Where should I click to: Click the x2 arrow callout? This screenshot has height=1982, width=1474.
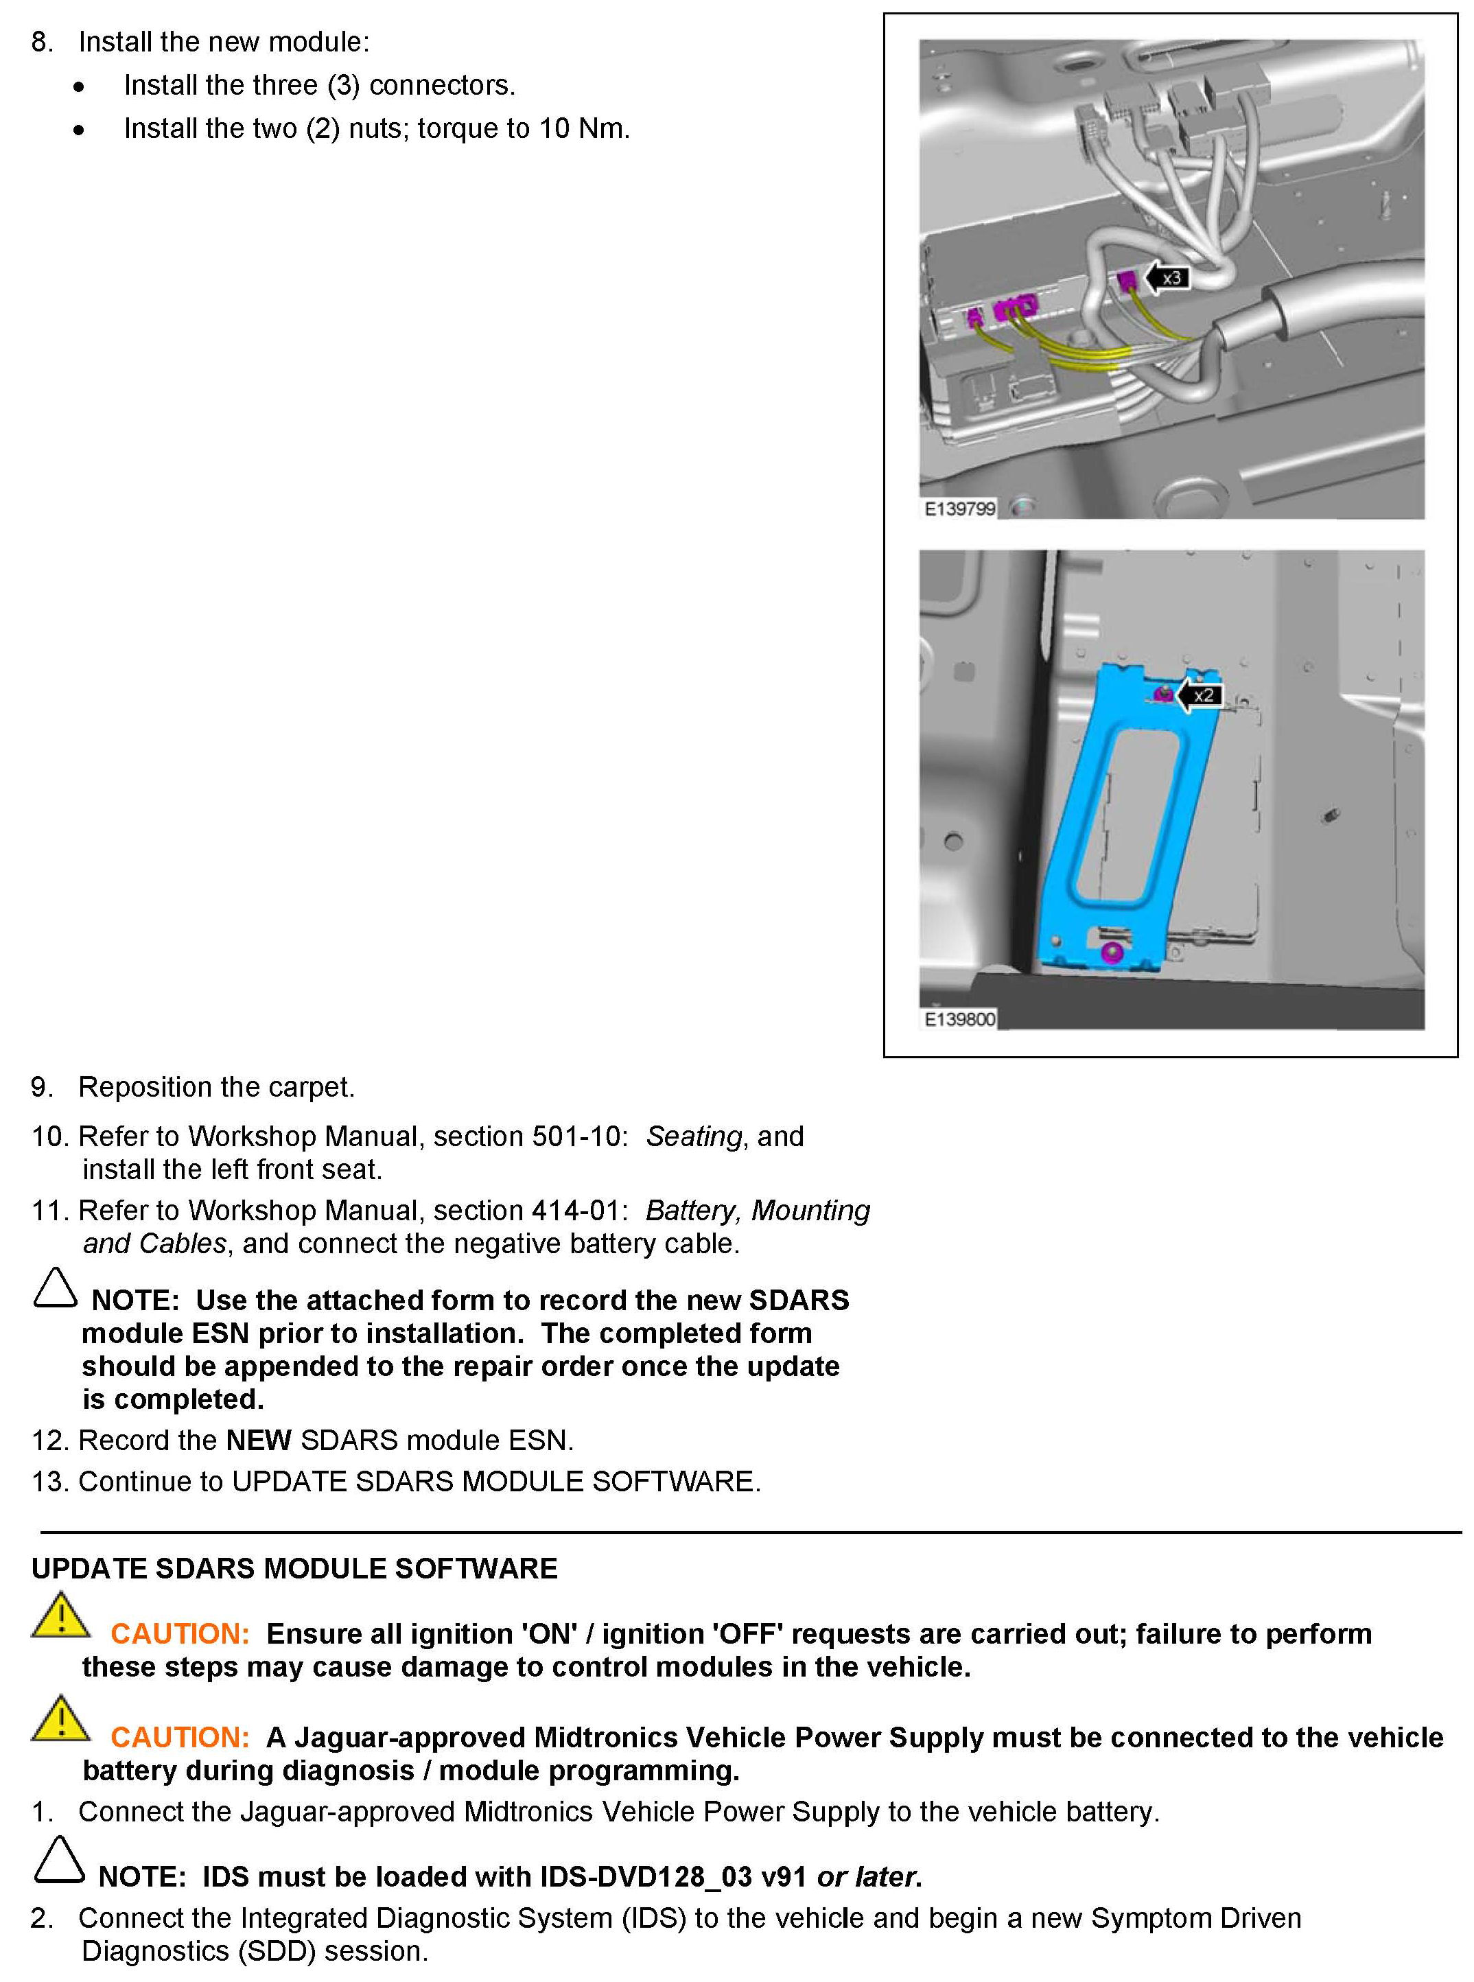tap(1200, 695)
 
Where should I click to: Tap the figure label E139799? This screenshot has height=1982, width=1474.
tap(959, 509)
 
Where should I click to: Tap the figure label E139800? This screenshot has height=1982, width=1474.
tap(959, 1019)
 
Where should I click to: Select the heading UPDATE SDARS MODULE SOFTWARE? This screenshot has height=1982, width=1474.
tap(294, 1569)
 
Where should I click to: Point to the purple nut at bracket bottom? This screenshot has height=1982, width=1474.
tap(1111, 952)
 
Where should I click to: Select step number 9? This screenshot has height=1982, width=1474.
tap(42, 1087)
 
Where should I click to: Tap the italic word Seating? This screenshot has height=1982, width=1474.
tap(693, 1136)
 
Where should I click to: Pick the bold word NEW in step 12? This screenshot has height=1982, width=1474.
tap(259, 1441)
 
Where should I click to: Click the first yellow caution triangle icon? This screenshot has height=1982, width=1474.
tap(60, 1616)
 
